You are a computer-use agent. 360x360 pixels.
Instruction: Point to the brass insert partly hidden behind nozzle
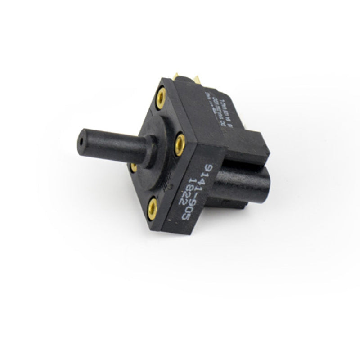coord(134,167)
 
